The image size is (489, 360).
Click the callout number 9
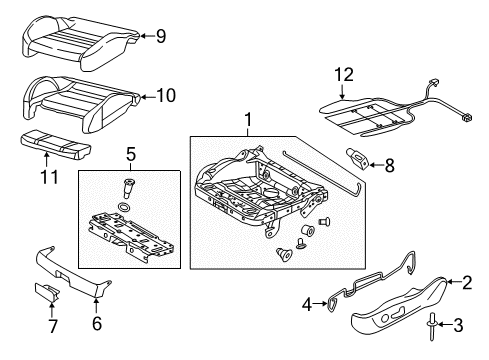[161, 36]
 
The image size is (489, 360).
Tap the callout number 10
[166, 95]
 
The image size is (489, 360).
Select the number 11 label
[49, 177]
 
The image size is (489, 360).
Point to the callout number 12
[344, 75]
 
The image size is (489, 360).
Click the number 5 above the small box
[131, 154]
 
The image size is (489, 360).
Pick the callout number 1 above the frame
[248, 120]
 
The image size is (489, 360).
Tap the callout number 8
[389, 165]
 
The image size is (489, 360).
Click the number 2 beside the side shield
[467, 282]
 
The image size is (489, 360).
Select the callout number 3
[459, 325]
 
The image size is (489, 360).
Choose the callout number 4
[307, 304]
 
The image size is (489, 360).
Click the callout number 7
[53, 326]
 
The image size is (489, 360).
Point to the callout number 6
[97, 323]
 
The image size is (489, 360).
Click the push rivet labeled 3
[432, 326]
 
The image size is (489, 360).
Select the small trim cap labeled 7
[47, 292]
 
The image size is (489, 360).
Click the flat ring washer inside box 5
[124, 208]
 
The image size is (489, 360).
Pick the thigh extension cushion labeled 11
[56, 144]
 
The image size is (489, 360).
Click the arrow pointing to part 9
[147, 36]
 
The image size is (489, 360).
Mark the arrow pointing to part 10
[148, 97]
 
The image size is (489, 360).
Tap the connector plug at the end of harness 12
[467, 117]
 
